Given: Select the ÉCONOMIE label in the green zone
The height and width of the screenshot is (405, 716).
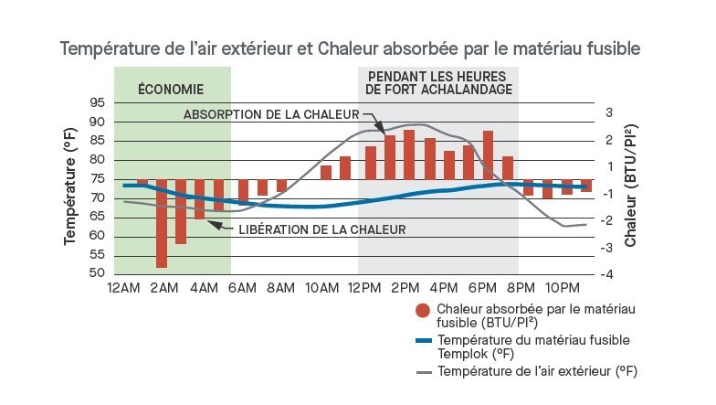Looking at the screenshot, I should coord(171,89).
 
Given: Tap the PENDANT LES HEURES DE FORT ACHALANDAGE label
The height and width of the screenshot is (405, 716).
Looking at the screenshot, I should coord(438,82).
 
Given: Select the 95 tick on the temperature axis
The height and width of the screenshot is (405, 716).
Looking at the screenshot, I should coord(97,103).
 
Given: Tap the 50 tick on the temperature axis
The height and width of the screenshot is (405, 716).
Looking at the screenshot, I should coord(97,274).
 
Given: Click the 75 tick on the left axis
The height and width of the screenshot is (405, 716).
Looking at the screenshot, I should coord(97,179).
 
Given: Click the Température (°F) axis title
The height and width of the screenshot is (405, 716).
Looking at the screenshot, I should coord(69,187).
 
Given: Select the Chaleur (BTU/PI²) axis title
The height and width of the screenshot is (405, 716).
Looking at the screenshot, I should coord(631,187).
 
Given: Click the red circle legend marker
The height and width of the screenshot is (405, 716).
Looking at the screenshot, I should coord(422,311).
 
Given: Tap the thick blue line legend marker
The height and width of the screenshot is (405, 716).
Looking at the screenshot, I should coord(423,341).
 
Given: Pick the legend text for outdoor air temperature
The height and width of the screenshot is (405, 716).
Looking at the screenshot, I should coord(537,372).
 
